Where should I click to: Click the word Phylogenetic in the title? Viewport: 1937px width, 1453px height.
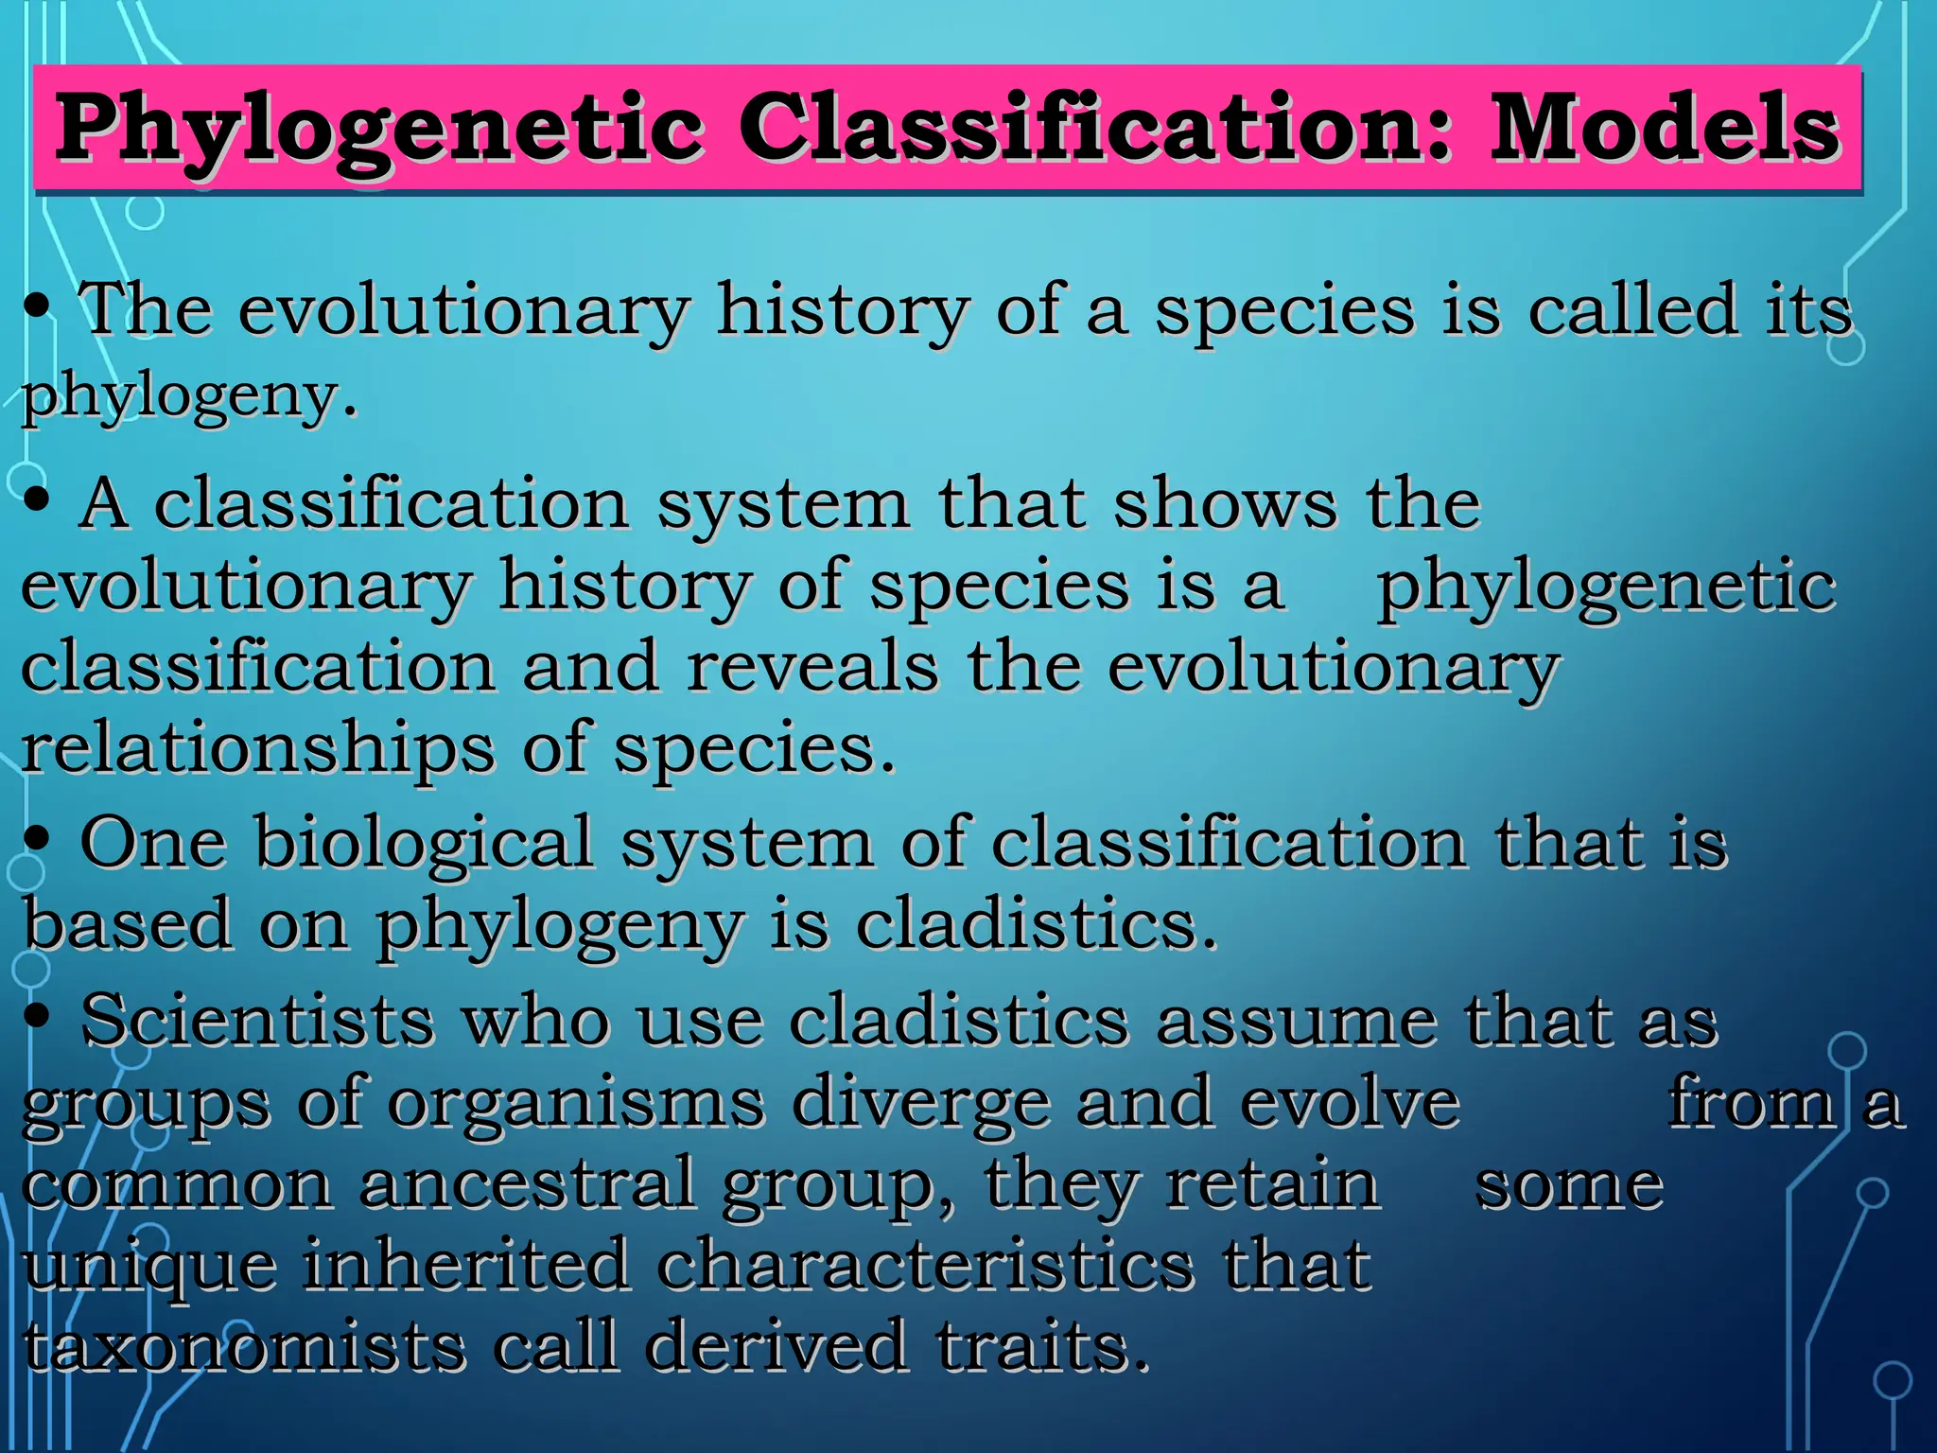tap(378, 131)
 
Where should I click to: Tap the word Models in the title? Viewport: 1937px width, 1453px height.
tap(1664, 129)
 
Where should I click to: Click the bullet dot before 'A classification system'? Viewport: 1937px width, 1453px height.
tap(38, 501)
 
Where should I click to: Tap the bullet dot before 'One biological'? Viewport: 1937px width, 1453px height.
tap(38, 840)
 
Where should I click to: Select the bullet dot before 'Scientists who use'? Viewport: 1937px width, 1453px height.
tap(38, 1018)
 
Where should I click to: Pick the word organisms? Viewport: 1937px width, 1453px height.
tap(575, 1103)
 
